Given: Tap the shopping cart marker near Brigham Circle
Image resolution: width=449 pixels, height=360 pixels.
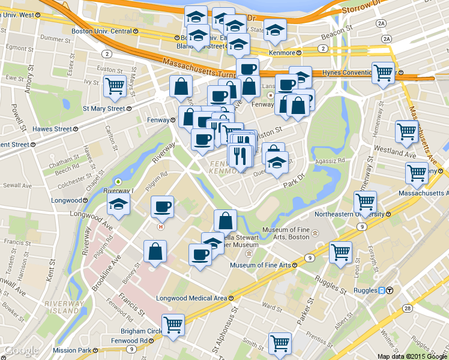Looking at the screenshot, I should click(x=173, y=325).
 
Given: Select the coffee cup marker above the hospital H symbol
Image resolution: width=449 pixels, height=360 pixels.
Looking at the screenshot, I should click(x=162, y=207).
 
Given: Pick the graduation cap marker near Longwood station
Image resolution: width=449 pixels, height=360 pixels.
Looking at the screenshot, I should click(x=119, y=205).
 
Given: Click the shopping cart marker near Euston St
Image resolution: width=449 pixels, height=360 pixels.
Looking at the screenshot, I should click(x=114, y=86).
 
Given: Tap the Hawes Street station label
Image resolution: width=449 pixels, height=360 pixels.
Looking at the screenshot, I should click(x=56, y=129).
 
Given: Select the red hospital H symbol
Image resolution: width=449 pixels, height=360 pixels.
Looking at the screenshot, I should click(x=160, y=227).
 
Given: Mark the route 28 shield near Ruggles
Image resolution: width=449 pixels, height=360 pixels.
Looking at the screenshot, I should click(x=408, y=308).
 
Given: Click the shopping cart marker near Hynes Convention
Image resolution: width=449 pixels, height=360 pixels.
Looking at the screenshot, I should click(x=382, y=73).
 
